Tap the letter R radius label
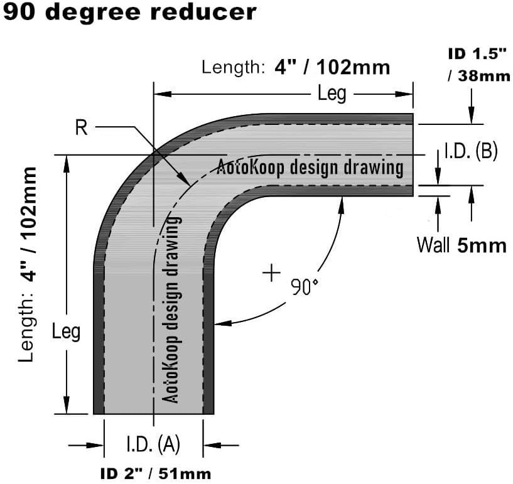pos(81,128)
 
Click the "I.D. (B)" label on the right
pos(470,151)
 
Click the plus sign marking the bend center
pos(271,274)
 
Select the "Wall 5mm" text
pos(461,245)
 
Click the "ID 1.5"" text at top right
pos(477,54)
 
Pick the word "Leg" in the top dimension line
pos(332,94)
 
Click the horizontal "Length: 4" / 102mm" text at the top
pos(296,67)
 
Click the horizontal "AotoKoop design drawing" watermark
pos(310,168)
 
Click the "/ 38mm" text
pos(479,77)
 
